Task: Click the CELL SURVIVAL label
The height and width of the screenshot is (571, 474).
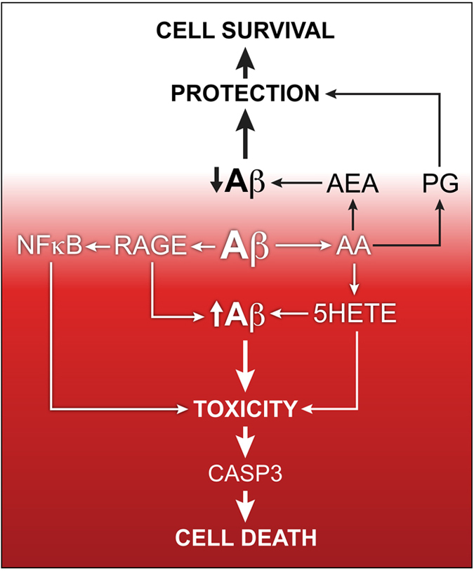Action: coord(244,30)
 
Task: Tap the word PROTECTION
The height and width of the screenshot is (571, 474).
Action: coord(244,93)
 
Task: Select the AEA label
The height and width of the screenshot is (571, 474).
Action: coord(353,185)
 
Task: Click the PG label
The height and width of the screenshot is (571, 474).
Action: coord(441,185)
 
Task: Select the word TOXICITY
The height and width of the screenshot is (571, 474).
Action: coord(244,406)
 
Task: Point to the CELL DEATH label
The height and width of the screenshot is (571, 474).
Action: coord(244,539)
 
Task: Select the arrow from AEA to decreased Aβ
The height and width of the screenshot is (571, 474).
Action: coord(297,185)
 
